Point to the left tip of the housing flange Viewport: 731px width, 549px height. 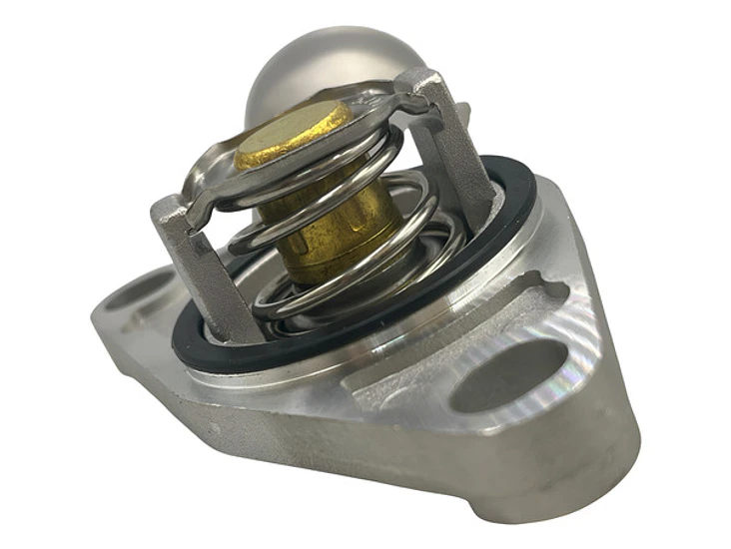tap(100, 319)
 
